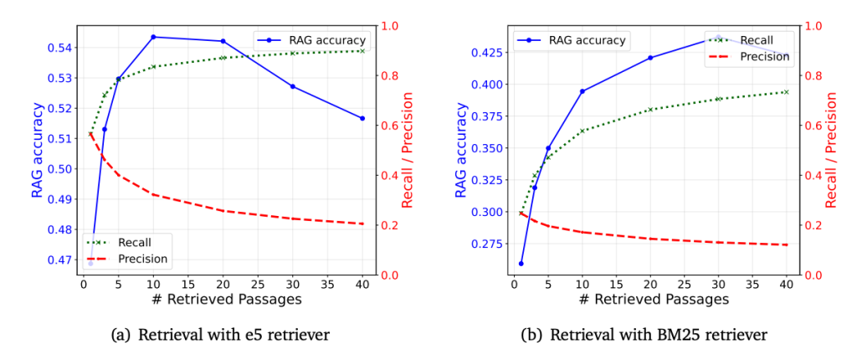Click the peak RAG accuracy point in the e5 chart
(x=153, y=37)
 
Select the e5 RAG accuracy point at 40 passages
(x=362, y=118)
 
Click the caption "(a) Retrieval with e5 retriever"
(x=220, y=335)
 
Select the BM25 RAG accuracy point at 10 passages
(x=582, y=91)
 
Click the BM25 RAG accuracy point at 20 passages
(x=650, y=58)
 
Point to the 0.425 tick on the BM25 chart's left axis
(x=483, y=53)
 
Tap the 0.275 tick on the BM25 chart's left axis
(x=483, y=244)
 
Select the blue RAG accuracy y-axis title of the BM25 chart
(x=461, y=150)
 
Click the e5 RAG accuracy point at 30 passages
(x=293, y=86)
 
